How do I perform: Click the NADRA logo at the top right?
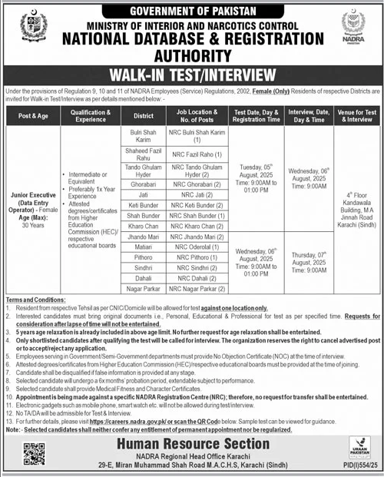point(353,27)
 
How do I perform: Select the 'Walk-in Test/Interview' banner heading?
point(191,75)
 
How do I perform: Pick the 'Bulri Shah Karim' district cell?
point(134,137)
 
